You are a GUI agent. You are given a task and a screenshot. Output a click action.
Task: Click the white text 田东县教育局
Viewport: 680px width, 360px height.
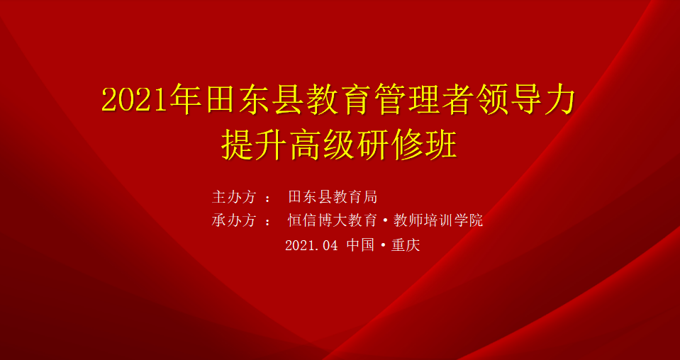(333, 197)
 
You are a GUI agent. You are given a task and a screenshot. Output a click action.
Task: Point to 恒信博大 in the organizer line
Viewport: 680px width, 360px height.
(318, 221)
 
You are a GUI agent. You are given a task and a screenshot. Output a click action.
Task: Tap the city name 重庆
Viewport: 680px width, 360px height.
(406, 246)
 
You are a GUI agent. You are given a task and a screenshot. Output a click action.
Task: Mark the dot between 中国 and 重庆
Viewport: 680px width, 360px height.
(383, 246)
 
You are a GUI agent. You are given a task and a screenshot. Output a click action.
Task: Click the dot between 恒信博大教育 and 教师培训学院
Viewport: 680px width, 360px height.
(386, 221)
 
